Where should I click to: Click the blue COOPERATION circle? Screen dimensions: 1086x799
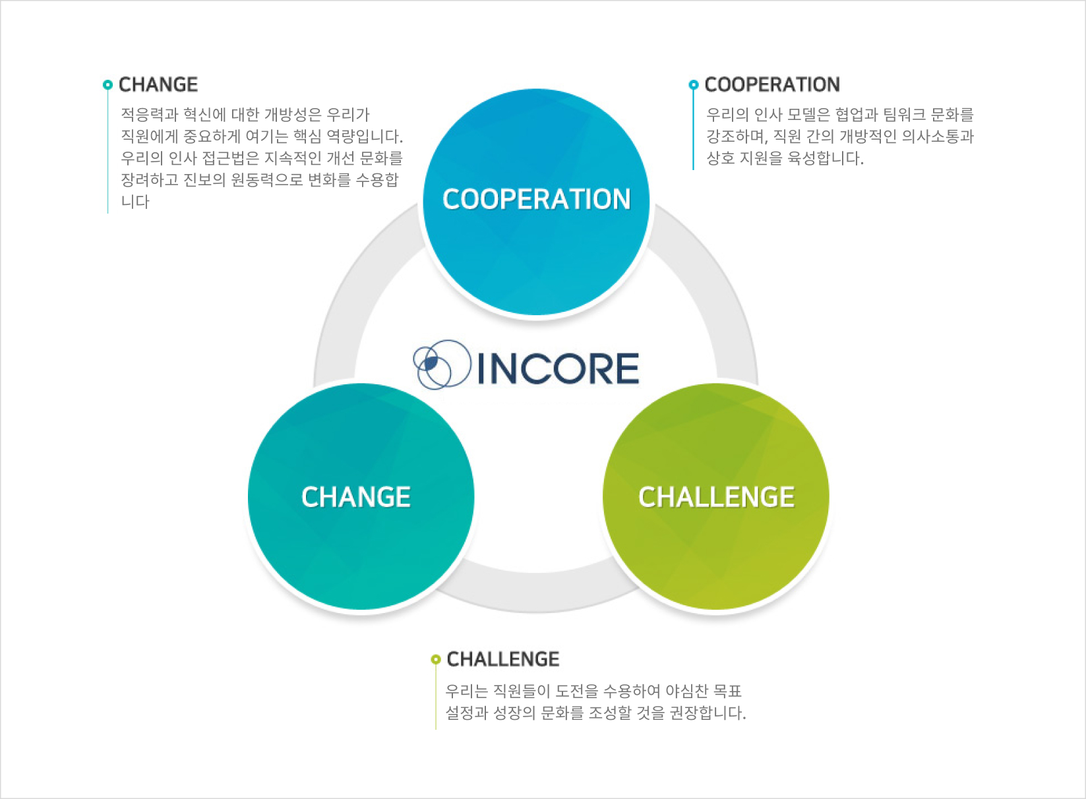tap(536, 202)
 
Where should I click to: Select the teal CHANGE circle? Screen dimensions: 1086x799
tap(361, 496)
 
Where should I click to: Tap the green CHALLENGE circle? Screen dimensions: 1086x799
tap(715, 496)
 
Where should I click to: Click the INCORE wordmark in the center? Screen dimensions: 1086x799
tap(558, 368)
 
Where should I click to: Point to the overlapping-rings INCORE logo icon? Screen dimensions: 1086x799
tap(442, 364)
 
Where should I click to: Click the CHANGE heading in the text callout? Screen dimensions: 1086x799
tap(158, 84)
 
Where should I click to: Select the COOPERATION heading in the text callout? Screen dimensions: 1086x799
tap(772, 84)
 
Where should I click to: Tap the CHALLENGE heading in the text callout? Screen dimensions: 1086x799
tap(502, 659)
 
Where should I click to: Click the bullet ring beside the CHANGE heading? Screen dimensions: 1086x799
tap(107, 85)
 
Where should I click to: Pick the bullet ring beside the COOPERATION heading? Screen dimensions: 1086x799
tap(693, 85)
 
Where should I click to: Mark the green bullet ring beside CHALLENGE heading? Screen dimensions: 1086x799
tap(435, 659)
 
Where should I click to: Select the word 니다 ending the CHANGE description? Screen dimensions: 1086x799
tap(135, 202)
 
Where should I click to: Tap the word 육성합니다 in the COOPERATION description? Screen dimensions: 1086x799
tap(826, 158)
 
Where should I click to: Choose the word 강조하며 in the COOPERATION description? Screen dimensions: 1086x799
tap(737, 136)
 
